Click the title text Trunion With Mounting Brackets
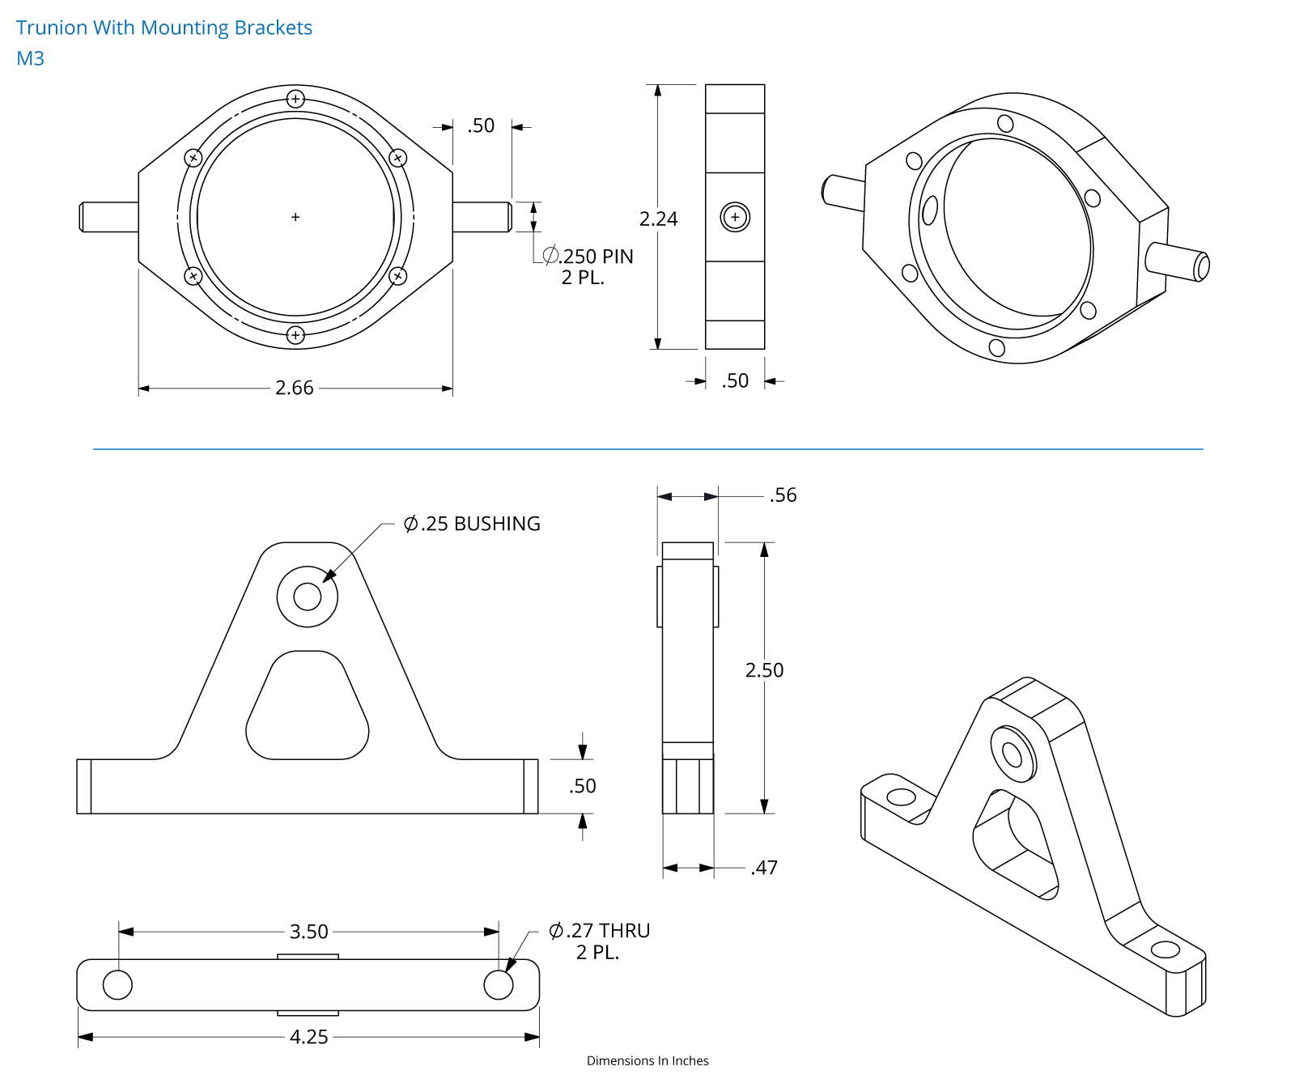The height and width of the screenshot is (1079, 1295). pyautogui.click(x=164, y=28)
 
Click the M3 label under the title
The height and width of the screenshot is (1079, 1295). pyautogui.click(x=31, y=58)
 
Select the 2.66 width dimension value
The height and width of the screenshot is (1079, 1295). pyautogui.click(x=295, y=388)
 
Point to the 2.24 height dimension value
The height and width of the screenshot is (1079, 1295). pyautogui.click(x=659, y=219)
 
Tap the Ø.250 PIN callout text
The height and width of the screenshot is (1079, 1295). pyautogui.click(x=588, y=256)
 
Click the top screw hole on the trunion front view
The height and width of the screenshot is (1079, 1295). pyautogui.click(x=295, y=100)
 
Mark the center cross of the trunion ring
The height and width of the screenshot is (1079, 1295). pyautogui.click(x=295, y=217)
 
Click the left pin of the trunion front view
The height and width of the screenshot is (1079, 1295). pyautogui.click(x=108, y=217)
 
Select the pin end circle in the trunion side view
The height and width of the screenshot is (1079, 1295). pyautogui.click(x=735, y=217)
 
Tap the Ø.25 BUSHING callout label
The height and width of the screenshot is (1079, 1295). pyautogui.click(x=472, y=524)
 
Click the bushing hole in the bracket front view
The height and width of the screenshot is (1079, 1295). pyautogui.click(x=308, y=597)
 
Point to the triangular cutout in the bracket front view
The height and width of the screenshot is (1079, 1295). pyautogui.click(x=308, y=705)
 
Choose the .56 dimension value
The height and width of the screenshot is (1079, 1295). pyautogui.click(x=783, y=495)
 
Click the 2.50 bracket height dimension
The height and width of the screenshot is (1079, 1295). pyautogui.click(x=765, y=670)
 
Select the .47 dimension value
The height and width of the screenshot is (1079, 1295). pyautogui.click(x=765, y=868)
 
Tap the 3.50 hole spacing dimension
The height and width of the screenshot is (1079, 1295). pyautogui.click(x=309, y=932)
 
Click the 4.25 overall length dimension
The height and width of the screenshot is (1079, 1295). pyautogui.click(x=309, y=1037)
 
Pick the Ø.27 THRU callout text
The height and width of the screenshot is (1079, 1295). pyautogui.click(x=600, y=931)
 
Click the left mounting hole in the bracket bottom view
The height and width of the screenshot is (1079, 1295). pyautogui.click(x=118, y=985)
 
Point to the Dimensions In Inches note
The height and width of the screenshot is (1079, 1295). pyautogui.click(x=647, y=1060)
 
